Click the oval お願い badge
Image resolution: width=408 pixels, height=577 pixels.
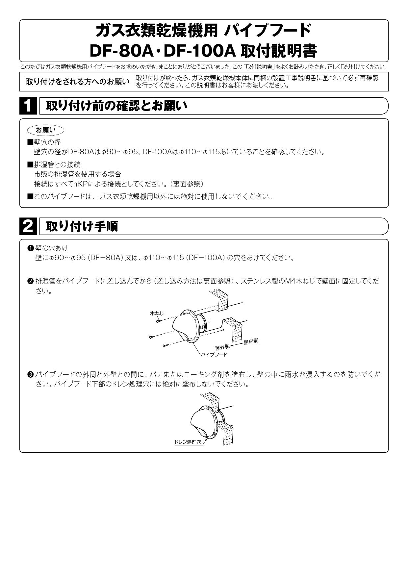pos(46,130)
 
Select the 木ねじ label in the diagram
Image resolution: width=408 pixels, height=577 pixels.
pos(157,314)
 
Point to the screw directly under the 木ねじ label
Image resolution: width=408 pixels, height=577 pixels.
pos(159,321)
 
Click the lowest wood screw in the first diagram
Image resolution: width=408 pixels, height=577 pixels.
pos(166,345)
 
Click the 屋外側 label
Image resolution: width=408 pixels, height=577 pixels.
pos(222,347)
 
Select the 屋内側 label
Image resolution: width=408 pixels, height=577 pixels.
pos(251,341)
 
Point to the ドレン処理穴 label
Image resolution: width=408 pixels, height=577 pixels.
pos(188,442)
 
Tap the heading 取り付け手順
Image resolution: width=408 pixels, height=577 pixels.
pos(82,226)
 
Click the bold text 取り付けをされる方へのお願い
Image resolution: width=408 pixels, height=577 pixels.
pos(78,82)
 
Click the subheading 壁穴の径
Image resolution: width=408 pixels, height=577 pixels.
pos(47,142)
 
